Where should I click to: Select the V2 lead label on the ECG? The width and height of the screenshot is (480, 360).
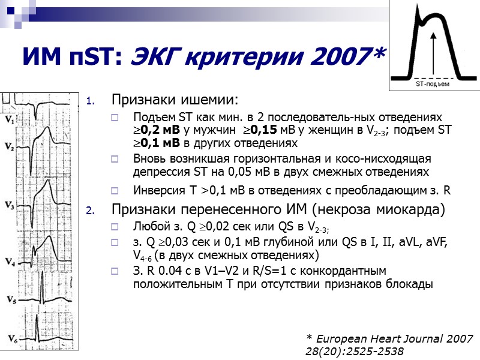[x=8, y=146]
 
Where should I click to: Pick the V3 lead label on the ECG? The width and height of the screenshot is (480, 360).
[x=9, y=205]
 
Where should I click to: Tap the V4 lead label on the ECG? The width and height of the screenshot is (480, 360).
[x=8, y=262]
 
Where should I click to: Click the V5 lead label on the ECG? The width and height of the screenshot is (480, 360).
[x=8, y=298]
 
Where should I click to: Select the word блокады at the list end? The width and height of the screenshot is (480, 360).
[x=409, y=284]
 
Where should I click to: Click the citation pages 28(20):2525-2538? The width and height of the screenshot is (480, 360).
[x=355, y=351]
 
